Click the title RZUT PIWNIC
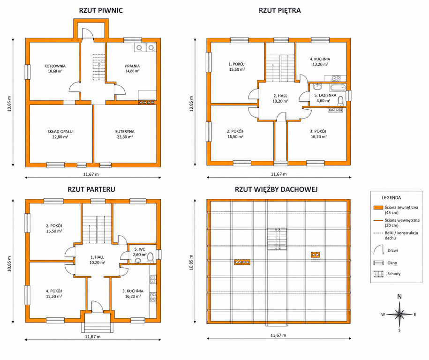pyautogui.click(x=101, y=10)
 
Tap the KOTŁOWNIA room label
pyautogui.click(x=55, y=66)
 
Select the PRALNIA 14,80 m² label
pyautogui.click(x=132, y=68)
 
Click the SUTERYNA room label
pyautogui.click(x=125, y=132)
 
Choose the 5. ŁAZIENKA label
pyautogui.click(x=325, y=96)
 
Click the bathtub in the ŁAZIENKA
pyautogui.click(x=338, y=88)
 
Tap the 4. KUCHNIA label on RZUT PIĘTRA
pyautogui.click(x=320, y=59)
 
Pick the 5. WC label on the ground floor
pyautogui.click(x=140, y=249)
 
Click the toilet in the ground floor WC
pyautogui.click(x=150, y=258)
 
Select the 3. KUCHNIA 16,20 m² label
pyautogui.click(x=133, y=293)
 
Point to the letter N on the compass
pyautogui.click(x=399, y=297)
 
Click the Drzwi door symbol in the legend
pyautogui.click(x=378, y=250)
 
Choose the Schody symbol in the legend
pyautogui.click(x=378, y=274)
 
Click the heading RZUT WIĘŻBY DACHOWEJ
pyautogui.click(x=276, y=189)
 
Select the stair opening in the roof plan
pyautogui.click(x=277, y=239)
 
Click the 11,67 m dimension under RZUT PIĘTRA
pyautogui.click(x=279, y=174)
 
